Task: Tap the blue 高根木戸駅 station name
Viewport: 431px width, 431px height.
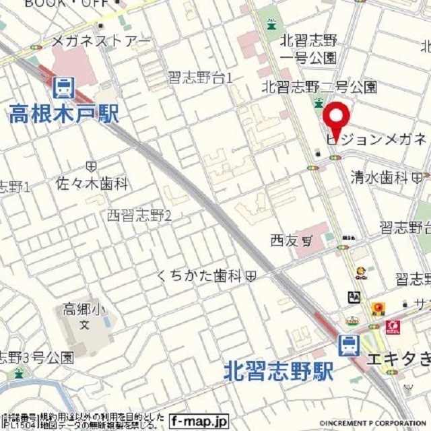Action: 64,113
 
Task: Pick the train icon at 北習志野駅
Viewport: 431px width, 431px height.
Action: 348,346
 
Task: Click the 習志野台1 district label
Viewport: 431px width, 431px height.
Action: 200,78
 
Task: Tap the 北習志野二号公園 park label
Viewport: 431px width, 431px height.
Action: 319,86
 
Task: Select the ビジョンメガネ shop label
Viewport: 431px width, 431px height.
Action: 376,139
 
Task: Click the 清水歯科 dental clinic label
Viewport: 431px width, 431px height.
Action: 380,177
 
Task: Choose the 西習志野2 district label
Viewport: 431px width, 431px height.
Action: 140,215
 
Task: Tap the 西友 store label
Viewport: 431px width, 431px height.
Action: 284,240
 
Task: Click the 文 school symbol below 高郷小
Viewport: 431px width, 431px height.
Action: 84,325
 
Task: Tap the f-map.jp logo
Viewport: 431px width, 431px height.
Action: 199,420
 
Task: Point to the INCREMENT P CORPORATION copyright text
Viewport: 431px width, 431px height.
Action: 374,423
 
